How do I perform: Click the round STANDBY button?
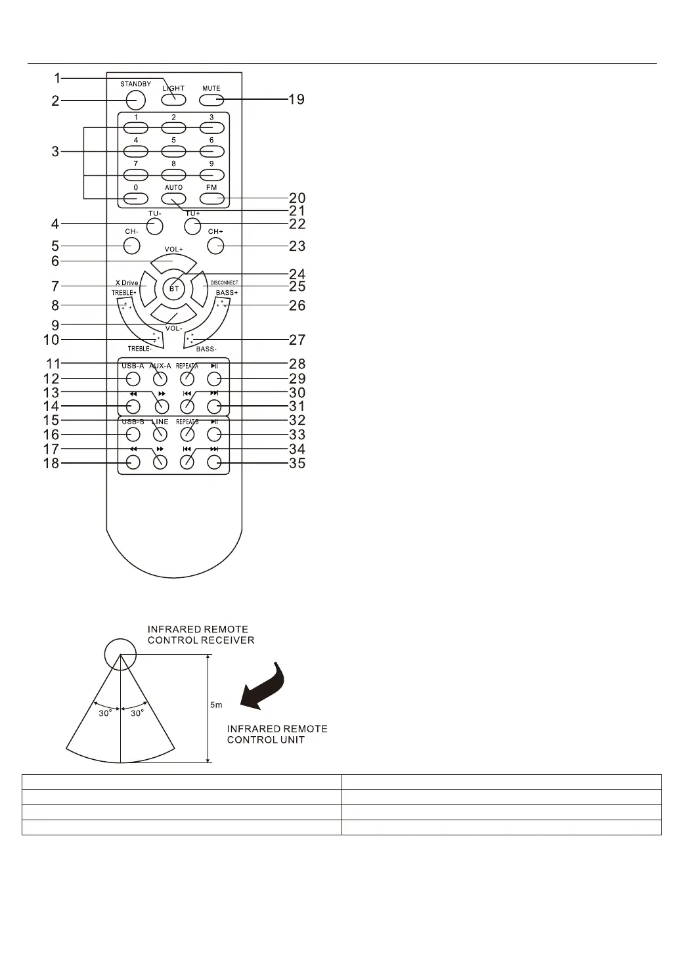pyautogui.click(x=135, y=99)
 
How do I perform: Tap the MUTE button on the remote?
pyautogui.click(x=211, y=100)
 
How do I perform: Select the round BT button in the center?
pyautogui.click(x=174, y=288)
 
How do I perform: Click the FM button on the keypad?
pyautogui.click(x=211, y=199)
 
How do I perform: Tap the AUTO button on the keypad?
pyautogui.click(x=173, y=199)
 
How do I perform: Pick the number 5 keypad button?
pyautogui.click(x=173, y=151)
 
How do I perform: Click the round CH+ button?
pyautogui.click(x=215, y=246)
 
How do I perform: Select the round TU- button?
pyautogui.click(x=154, y=226)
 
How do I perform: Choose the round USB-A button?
pyautogui.click(x=133, y=379)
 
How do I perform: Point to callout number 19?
pyautogui.click(x=297, y=100)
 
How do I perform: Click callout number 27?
pyautogui.click(x=297, y=340)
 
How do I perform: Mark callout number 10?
pyautogui.click(x=51, y=340)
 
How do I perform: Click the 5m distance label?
pyautogui.click(x=216, y=705)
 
